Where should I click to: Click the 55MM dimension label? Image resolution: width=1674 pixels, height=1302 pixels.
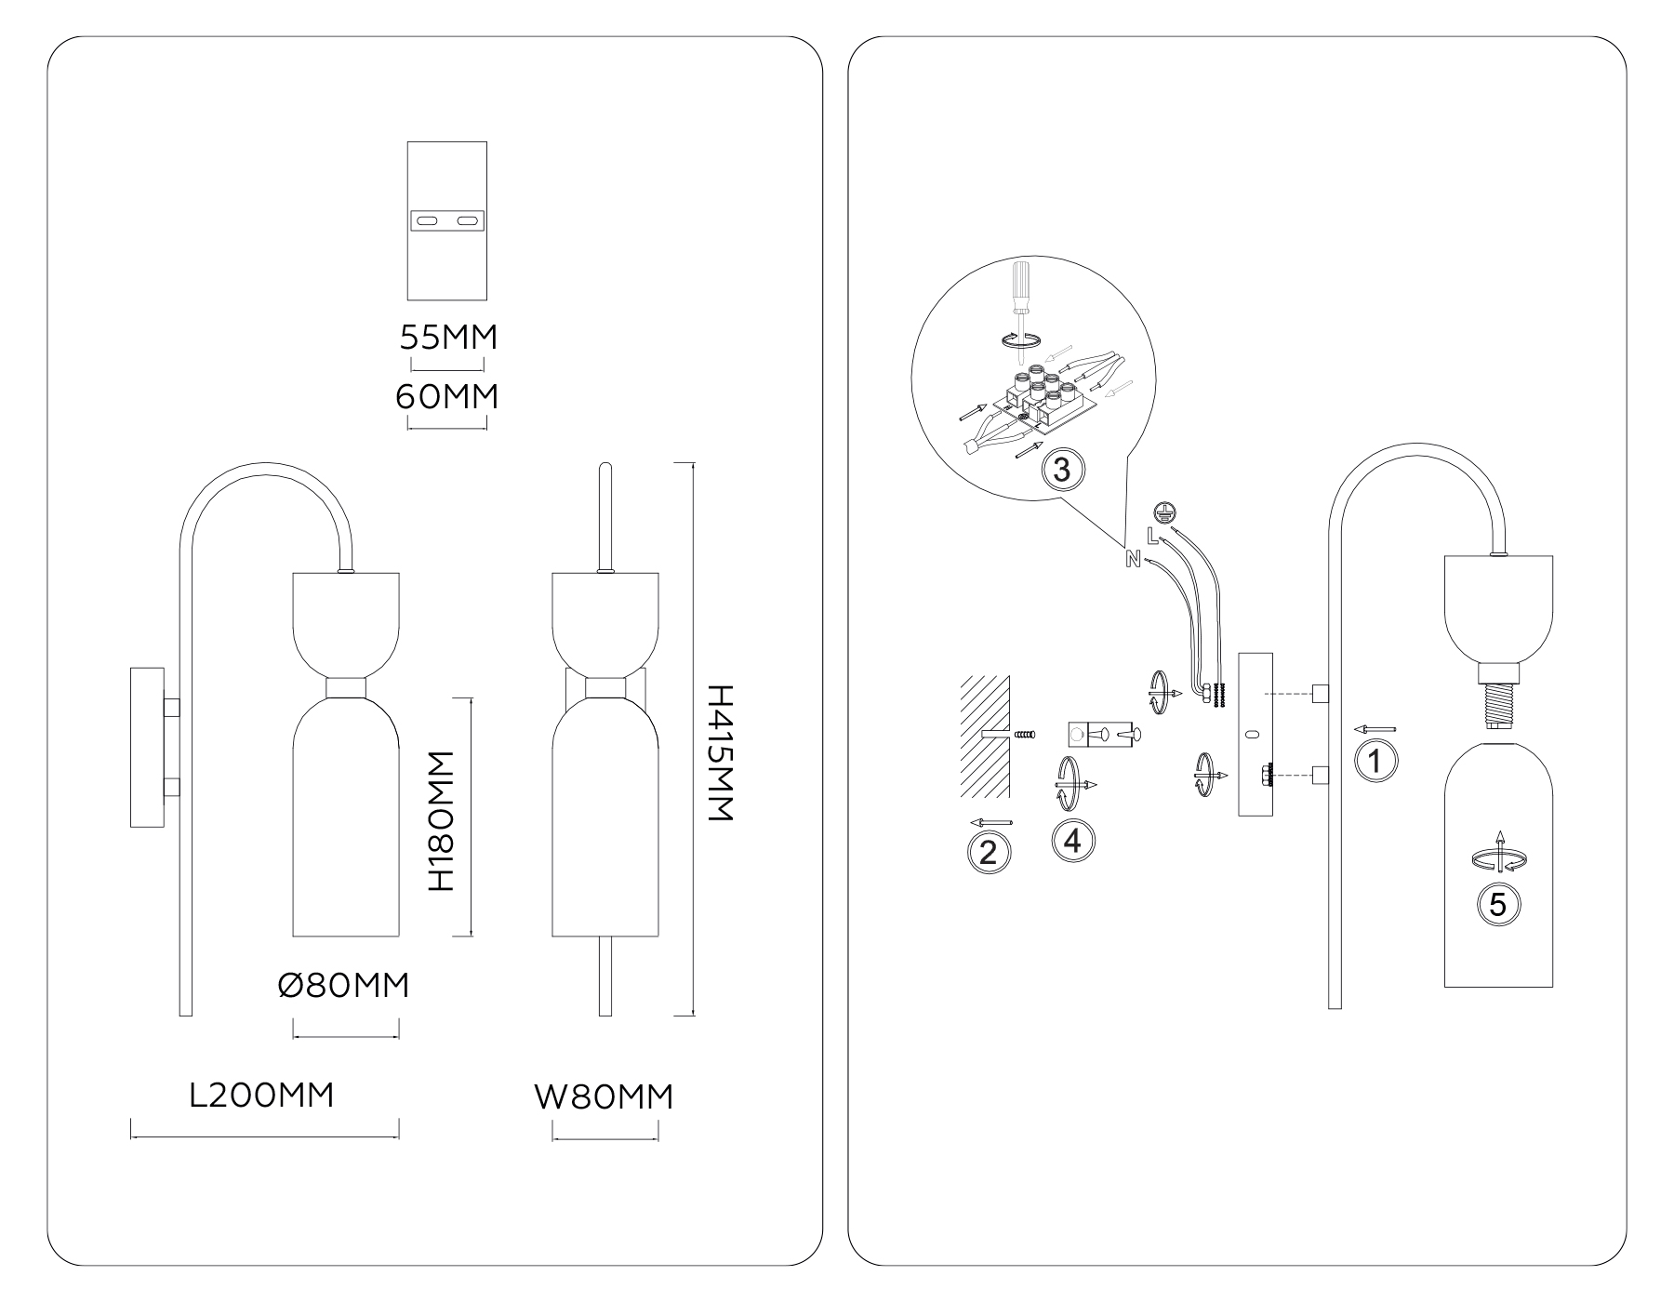(448, 337)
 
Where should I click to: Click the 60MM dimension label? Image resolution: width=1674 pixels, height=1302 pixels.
(447, 397)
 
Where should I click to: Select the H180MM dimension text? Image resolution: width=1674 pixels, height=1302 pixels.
(440, 821)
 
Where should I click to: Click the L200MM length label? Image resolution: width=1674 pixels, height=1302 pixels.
(261, 1096)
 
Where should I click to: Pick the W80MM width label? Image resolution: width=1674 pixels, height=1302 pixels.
(604, 1097)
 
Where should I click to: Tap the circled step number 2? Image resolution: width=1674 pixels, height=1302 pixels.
(989, 851)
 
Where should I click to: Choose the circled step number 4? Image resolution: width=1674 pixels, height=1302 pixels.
(1072, 841)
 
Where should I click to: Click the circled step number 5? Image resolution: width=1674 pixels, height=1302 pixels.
(1497, 903)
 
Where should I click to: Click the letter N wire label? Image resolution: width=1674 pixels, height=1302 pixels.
(1133, 559)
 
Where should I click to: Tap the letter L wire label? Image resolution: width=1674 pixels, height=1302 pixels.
(1152, 535)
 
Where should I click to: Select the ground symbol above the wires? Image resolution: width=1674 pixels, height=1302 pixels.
(1160, 511)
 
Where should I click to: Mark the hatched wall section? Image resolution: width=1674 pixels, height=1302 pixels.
(984, 735)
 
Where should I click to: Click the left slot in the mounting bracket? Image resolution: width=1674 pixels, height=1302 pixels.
(428, 220)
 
